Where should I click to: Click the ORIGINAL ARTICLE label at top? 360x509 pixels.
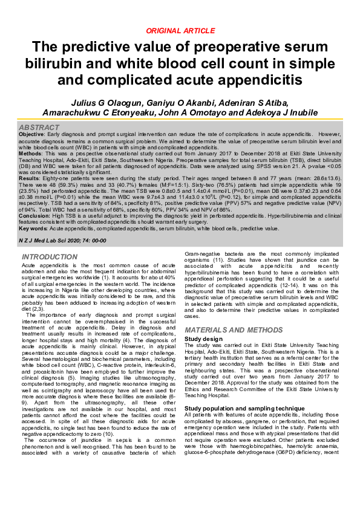180,30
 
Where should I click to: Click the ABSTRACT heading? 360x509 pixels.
39,128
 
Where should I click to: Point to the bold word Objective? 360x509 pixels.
31,135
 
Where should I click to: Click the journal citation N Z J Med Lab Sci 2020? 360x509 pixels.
48,241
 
